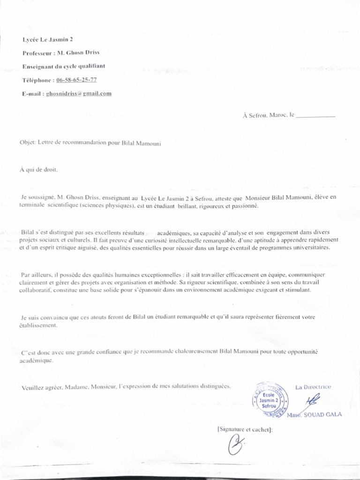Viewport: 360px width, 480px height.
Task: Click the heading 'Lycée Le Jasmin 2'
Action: tap(47, 40)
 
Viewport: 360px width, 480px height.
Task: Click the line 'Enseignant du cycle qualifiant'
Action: tap(64, 67)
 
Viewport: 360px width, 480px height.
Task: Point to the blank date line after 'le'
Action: tap(316, 115)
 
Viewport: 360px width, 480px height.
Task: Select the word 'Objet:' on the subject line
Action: tap(28, 143)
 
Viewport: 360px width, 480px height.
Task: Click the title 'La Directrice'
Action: tap(313, 387)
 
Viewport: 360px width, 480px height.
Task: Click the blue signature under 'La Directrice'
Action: tap(311, 401)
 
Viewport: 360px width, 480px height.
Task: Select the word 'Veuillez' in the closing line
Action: tap(32, 387)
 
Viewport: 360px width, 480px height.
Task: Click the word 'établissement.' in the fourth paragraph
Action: tap(38, 325)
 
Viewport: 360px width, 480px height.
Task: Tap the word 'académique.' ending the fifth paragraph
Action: tap(36, 360)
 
